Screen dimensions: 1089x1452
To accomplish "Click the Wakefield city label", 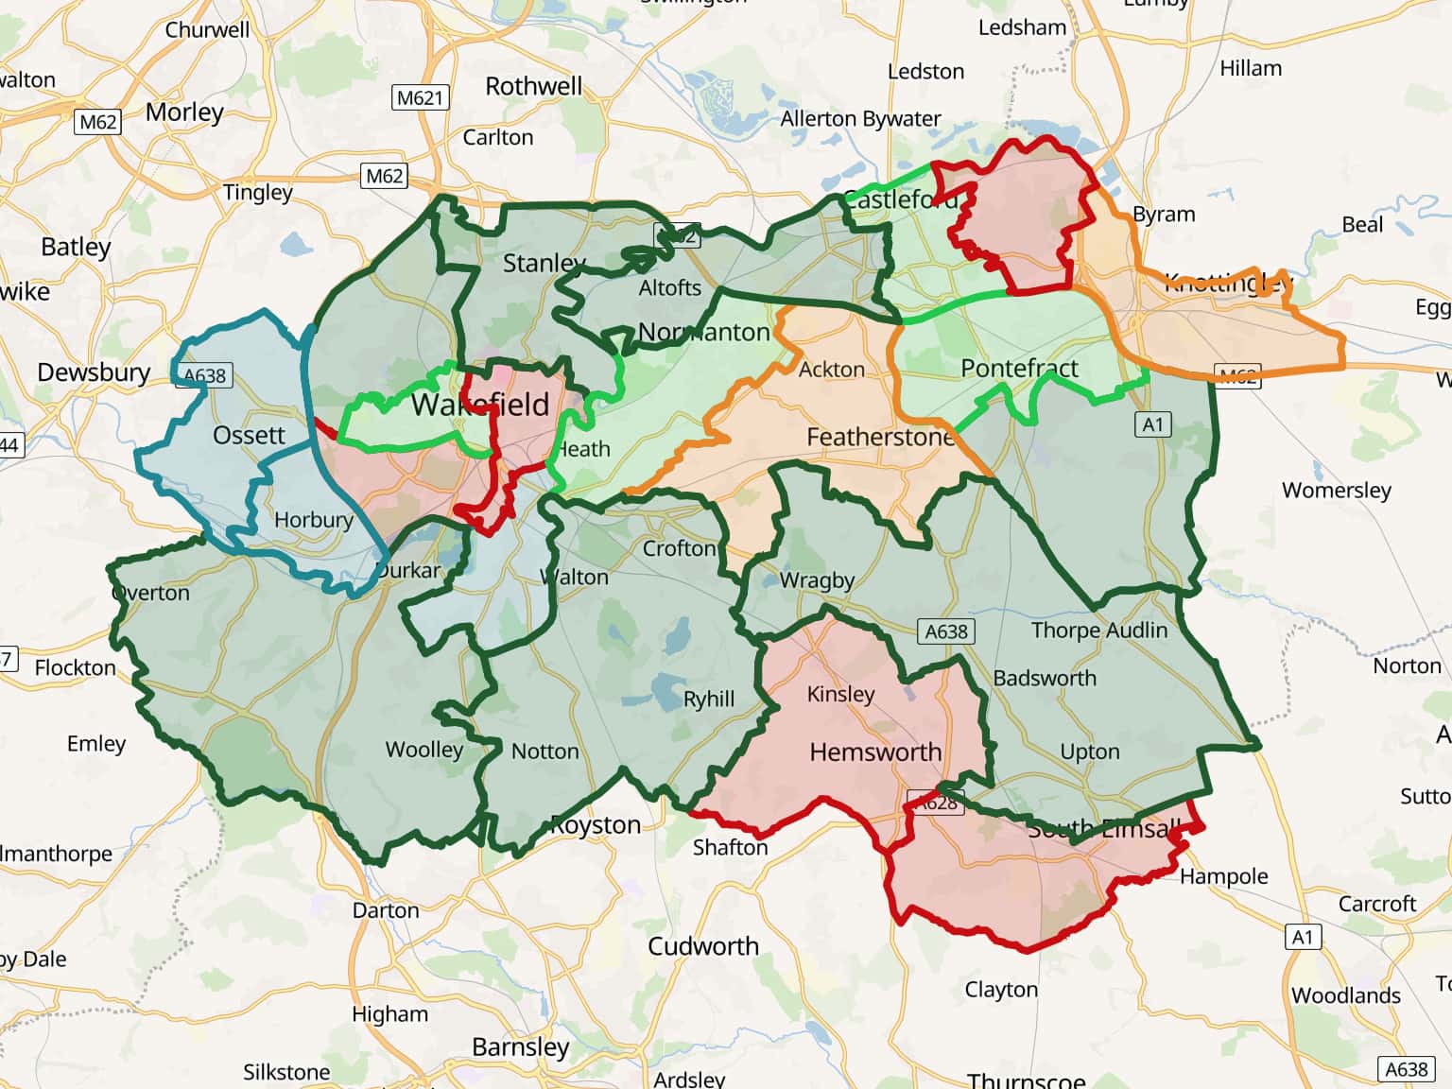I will [480, 405].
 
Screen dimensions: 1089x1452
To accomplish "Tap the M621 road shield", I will [420, 97].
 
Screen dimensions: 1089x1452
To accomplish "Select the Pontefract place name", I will [1019, 368].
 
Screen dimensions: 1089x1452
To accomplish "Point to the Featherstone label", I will [880, 437].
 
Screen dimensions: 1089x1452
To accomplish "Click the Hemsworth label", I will [875, 752].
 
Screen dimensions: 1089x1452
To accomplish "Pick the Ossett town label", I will [249, 435].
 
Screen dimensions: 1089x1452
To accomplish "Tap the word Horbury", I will [314, 520].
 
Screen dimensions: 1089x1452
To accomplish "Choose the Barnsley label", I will [521, 1047].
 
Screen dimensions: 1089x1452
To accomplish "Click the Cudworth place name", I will [703, 946].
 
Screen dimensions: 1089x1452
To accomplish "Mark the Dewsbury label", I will [94, 372].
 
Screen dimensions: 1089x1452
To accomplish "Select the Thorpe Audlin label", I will [1098, 631].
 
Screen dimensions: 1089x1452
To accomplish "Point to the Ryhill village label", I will [709, 700].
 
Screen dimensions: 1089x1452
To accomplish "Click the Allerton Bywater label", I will [860, 119].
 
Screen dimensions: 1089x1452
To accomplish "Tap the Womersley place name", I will [1336, 490].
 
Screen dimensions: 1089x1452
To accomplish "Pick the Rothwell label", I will [534, 86].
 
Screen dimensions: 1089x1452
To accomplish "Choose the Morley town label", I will [184, 112].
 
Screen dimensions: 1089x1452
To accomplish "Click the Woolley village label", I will [424, 750].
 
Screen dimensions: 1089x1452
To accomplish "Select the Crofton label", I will [680, 548].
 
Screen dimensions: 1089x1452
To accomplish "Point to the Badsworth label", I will [1045, 678].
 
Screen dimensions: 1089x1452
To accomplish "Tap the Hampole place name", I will [1223, 876].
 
